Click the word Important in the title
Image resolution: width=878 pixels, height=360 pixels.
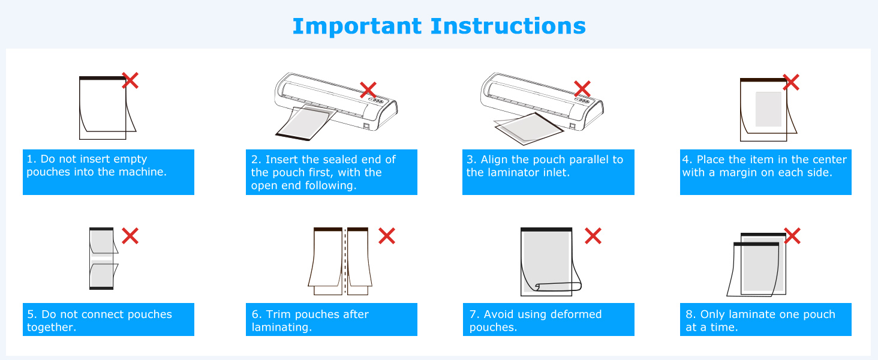pyautogui.click(x=357, y=26)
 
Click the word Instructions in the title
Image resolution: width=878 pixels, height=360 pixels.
pyautogui.click(x=508, y=26)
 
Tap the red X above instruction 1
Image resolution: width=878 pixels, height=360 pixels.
pyautogui.click(x=130, y=80)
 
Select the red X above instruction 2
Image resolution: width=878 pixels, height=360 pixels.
pyautogui.click(x=368, y=90)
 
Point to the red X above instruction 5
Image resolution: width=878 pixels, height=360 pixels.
pyautogui.click(x=130, y=236)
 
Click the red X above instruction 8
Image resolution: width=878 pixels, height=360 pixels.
pyautogui.click(x=792, y=236)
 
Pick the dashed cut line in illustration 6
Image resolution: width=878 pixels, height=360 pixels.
pyautogui.click(x=345, y=261)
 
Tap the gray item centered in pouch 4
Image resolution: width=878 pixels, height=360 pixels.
pyautogui.click(x=768, y=109)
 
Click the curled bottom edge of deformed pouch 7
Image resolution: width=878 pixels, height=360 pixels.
pyautogui.click(x=552, y=287)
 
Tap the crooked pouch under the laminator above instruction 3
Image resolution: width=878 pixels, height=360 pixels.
pyautogui.click(x=528, y=128)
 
